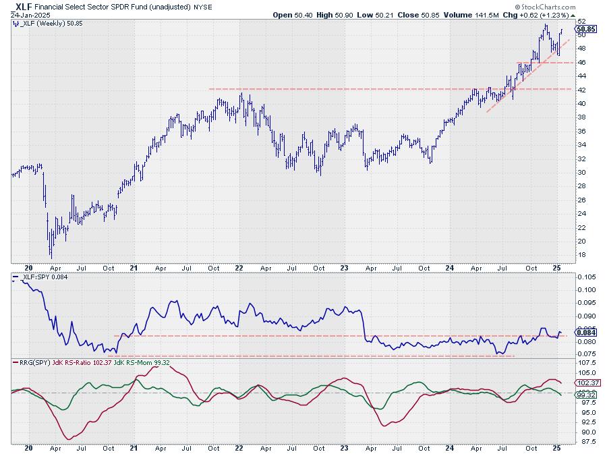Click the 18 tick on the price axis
click(x=580, y=255)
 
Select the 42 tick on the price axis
click(x=580, y=90)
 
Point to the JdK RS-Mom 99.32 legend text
click(x=142, y=364)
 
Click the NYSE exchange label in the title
click(x=200, y=6)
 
